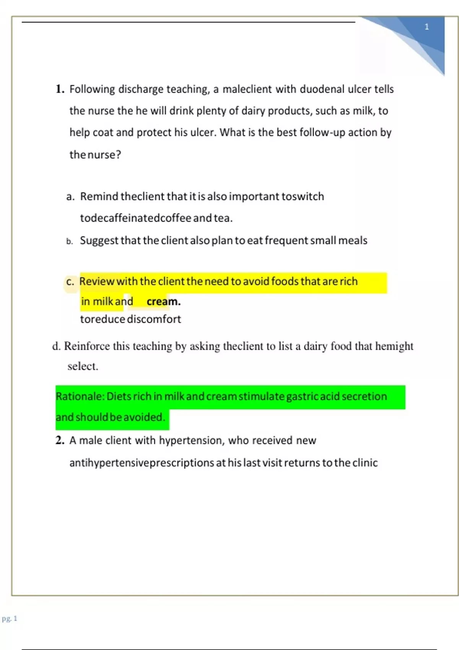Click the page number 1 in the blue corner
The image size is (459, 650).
427,27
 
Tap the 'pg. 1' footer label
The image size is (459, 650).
10,619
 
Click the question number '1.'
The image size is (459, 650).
60,89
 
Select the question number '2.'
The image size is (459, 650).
60,440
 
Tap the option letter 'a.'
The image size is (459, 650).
70,197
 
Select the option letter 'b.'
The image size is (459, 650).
70,241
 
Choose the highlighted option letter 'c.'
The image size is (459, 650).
70,282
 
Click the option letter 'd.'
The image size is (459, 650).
57,346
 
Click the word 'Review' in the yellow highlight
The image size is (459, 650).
97,281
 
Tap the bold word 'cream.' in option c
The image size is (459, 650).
164,302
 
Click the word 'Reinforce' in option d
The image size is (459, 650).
87,346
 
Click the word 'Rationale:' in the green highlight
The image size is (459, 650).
80,396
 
